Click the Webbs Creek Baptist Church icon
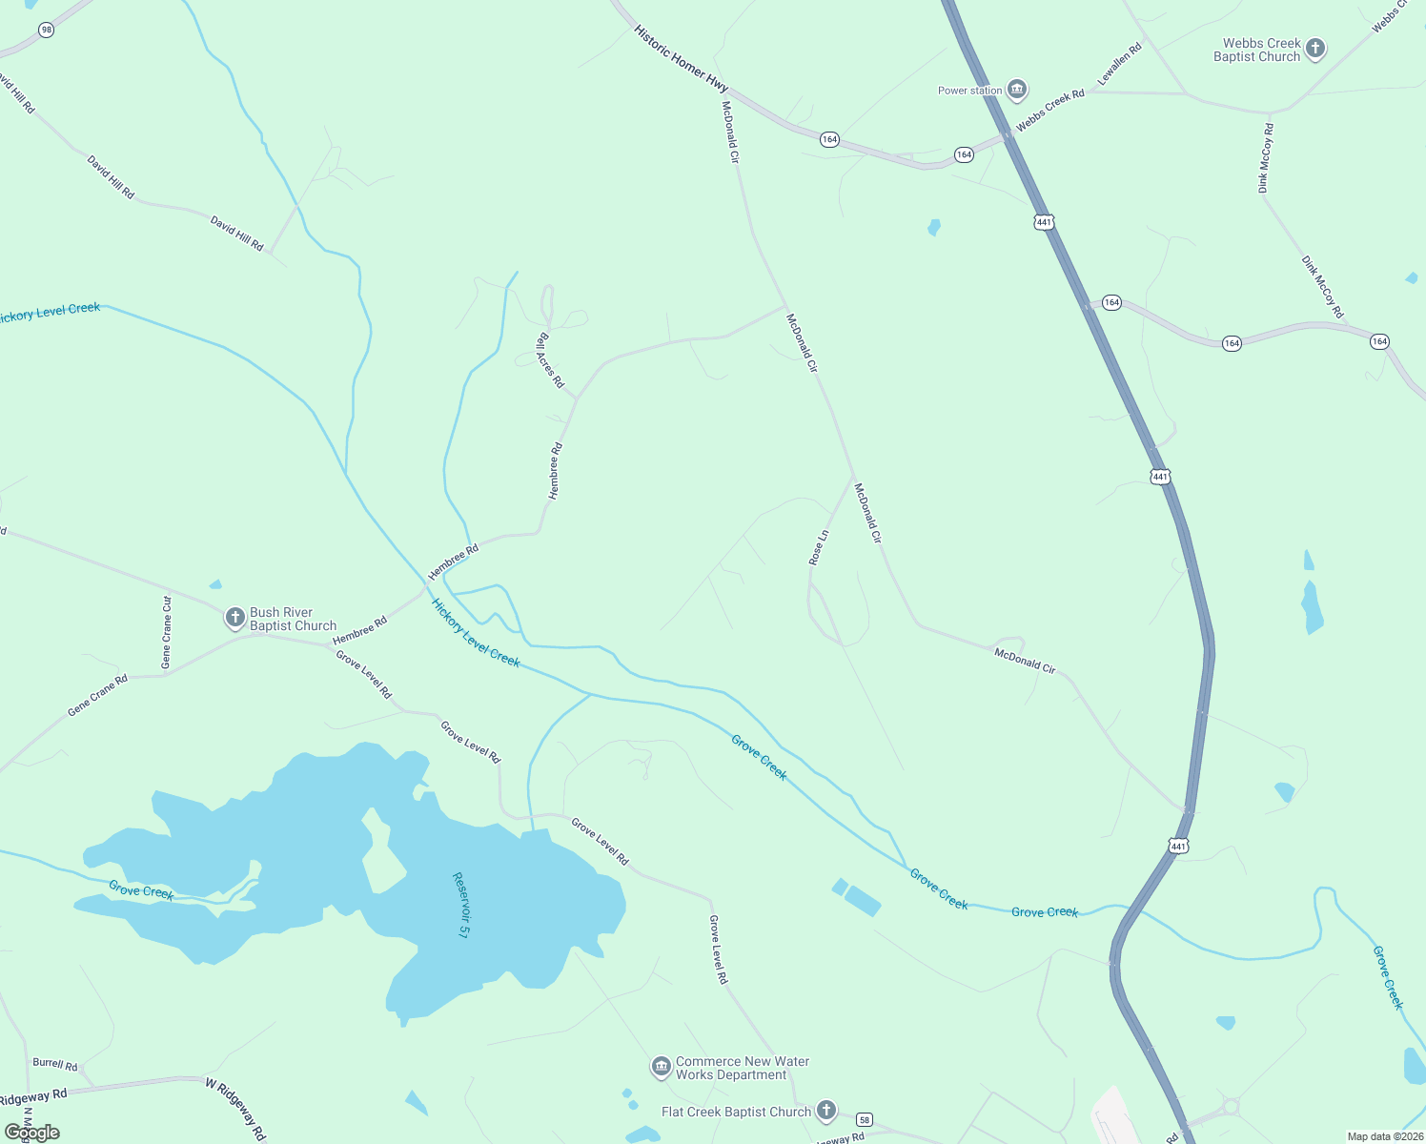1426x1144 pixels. click(x=1315, y=49)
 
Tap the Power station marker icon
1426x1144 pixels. click(x=1017, y=91)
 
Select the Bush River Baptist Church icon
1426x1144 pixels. click(x=234, y=618)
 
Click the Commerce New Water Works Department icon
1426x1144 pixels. click(x=661, y=1067)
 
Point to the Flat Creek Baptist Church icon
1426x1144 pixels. click(x=826, y=1111)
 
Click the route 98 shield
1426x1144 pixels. click(x=47, y=31)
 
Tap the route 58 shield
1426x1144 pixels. click(x=864, y=1119)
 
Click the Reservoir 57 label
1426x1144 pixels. click(x=460, y=904)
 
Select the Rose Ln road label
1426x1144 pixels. click(x=818, y=548)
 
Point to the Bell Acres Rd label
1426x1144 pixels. click(x=550, y=359)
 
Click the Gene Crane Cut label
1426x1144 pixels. click(x=167, y=632)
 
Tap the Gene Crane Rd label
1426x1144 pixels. click(x=97, y=696)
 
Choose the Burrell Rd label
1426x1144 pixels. click(x=55, y=1063)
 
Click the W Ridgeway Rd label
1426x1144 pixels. click(x=235, y=1108)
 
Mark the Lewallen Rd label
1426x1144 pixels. click(x=1119, y=65)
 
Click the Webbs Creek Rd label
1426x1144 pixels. click(x=1050, y=111)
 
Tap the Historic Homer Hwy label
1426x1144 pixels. click(x=681, y=58)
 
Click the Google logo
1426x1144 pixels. click(x=32, y=1133)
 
